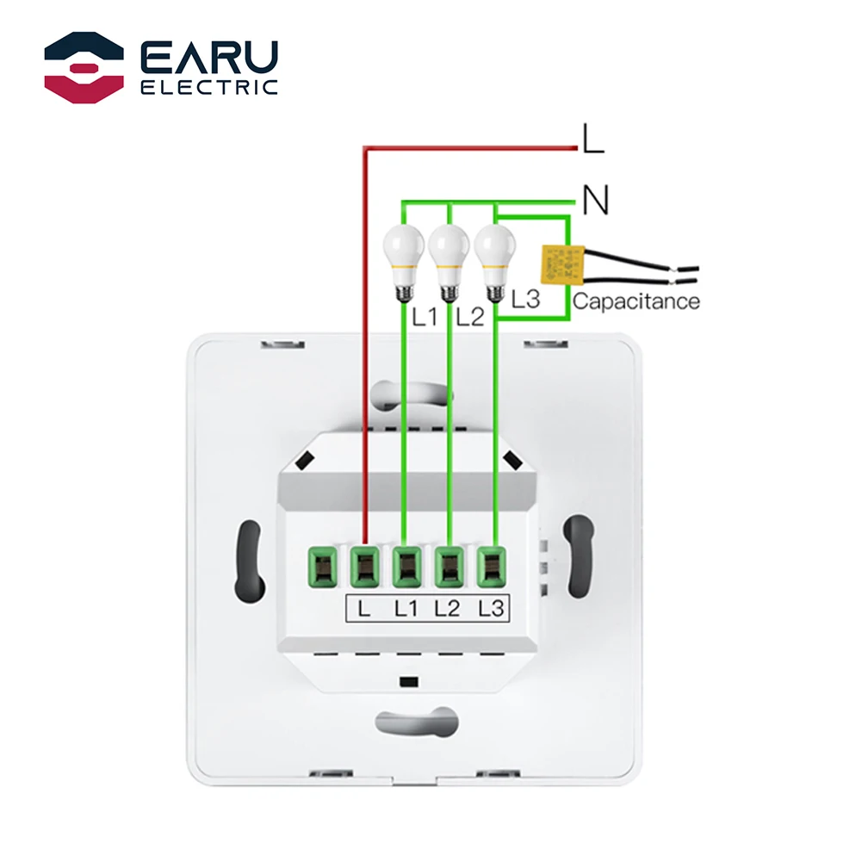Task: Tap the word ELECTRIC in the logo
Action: (x=209, y=86)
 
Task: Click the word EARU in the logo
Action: (x=209, y=55)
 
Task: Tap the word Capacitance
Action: (x=636, y=301)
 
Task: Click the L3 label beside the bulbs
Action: (x=524, y=300)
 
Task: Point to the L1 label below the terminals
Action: (x=406, y=608)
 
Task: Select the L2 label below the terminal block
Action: (x=448, y=608)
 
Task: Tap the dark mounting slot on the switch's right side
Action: (x=575, y=555)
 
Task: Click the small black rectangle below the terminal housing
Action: (x=408, y=682)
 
